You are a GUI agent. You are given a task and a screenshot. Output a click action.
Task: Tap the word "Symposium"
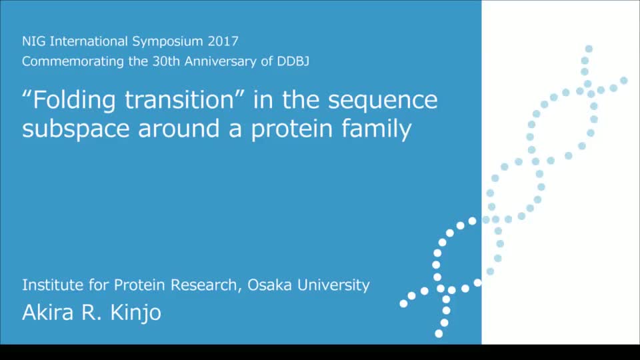coord(167,42)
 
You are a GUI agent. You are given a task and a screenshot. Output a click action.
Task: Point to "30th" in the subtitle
coord(166,61)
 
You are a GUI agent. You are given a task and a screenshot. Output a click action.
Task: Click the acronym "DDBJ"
coord(293,61)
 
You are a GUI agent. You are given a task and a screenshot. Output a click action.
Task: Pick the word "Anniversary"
coord(221,61)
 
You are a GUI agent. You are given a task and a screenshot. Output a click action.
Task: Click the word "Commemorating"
coord(73,61)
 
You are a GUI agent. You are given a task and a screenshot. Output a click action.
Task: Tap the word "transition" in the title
coord(179,99)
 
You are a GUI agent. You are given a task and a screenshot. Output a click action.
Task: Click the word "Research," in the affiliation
coord(206,285)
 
